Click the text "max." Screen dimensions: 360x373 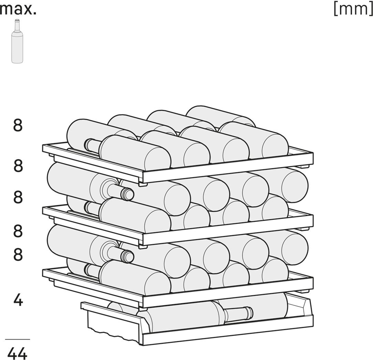point(18,9)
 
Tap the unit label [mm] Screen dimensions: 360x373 point(353,9)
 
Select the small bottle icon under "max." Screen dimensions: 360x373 point(17,41)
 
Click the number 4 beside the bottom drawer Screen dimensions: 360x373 point(17,300)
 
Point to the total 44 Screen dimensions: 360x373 point(17,353)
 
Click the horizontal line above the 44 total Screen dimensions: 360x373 point(17,339)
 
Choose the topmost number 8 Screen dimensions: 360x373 point(17,125)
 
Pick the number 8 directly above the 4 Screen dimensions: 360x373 point(17,254)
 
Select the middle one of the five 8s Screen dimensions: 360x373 point(17,197)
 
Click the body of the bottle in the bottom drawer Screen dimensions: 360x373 point(182,317)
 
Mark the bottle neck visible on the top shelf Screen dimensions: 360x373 point(92,145)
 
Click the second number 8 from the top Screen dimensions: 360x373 point(17,166)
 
